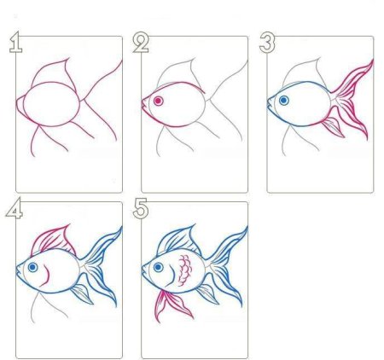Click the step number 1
(x=16, y=43)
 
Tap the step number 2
(x=141, y=43)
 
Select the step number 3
(x=267, y=43)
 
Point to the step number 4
(x=15, y=208)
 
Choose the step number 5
(x=141, y=209)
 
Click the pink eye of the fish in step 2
(x=158, y=101)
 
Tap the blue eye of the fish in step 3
(x=283, y=100)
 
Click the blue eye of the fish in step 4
(x=32, y=267)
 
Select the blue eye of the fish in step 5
(x=158, y=267)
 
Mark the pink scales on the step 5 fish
(x=185, y=270)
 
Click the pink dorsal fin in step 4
(x=54, y=239)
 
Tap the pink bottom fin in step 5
(x=172, y=305)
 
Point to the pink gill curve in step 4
(x=46, y=276)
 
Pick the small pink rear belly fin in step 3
(x=333, y=126)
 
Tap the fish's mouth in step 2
(x=143, y=104)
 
